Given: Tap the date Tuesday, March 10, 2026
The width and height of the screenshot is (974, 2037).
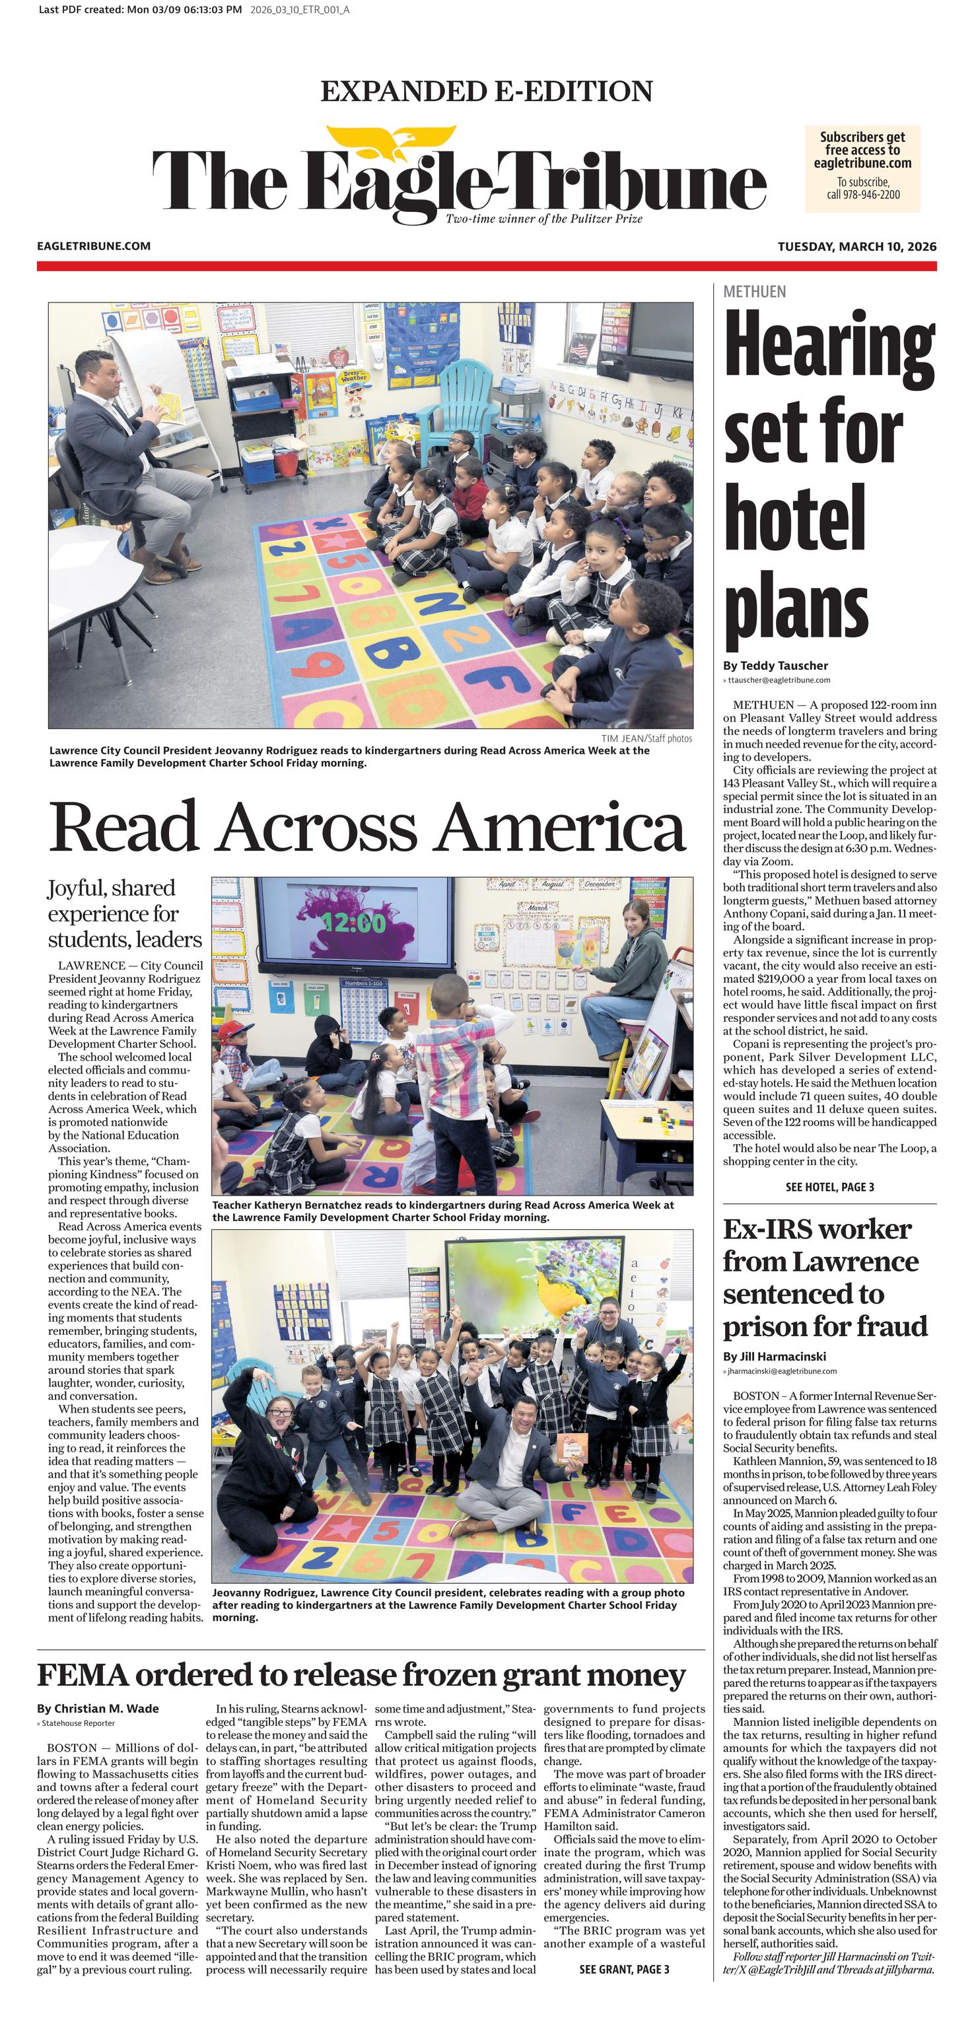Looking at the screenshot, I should coord(856,247).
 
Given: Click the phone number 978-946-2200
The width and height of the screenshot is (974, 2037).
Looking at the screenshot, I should coord(871,195).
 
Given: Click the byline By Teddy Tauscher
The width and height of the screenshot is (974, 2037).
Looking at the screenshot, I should coord(775,665).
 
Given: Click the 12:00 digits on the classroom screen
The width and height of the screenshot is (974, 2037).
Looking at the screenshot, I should coord(353,922).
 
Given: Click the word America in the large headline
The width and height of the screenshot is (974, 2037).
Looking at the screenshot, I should coord(560,827).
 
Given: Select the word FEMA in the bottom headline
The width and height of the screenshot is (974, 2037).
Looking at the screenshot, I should coord(83,1676).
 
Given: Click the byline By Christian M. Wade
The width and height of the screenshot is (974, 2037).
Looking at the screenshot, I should coord(97,1709).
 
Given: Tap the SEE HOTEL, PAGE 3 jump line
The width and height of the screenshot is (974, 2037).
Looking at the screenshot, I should coord(829,1187).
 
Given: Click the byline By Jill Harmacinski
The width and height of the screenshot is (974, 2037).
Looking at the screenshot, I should coord(773,1357).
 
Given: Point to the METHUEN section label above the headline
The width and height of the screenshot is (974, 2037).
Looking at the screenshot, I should coord(754,292).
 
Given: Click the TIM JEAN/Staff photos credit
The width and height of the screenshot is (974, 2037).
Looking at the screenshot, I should coord(646,738).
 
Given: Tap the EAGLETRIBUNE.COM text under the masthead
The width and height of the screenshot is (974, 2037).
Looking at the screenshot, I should coord(93,246).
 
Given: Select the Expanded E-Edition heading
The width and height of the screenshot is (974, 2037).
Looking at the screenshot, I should coord(486,91).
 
